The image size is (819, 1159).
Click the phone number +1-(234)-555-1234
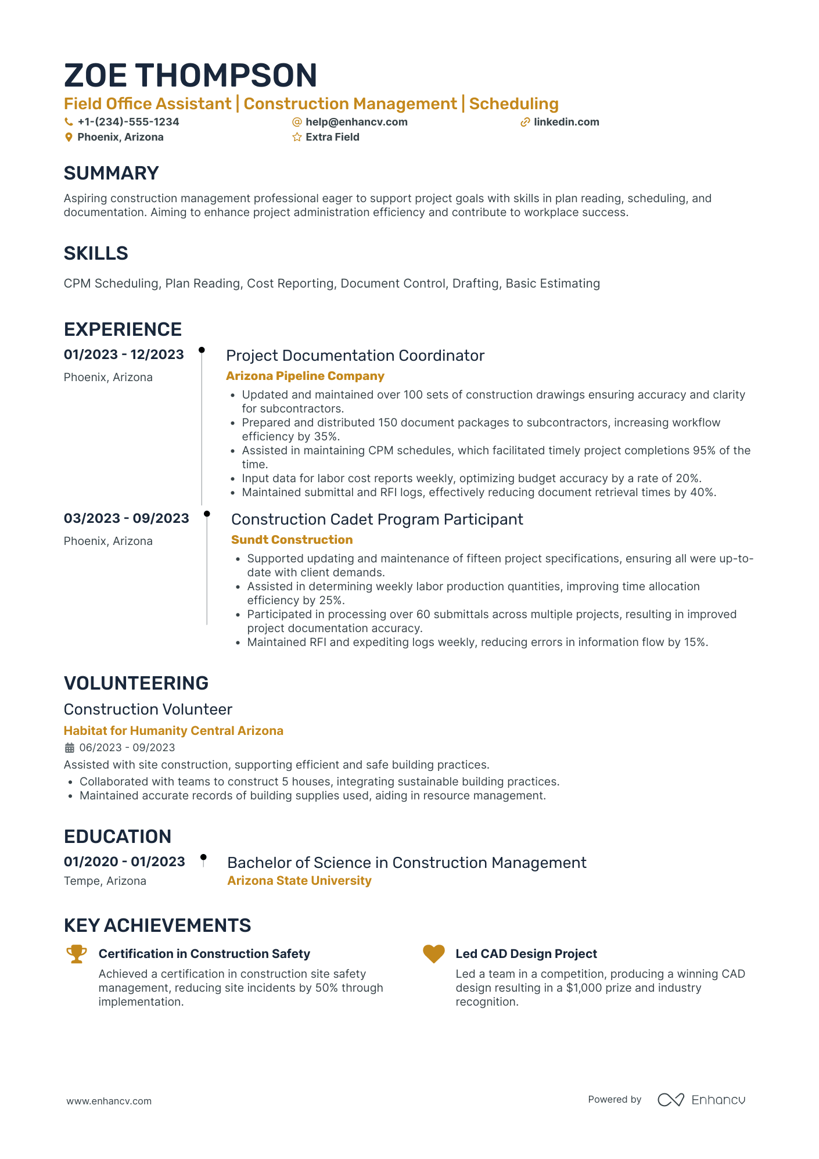pos(128,122)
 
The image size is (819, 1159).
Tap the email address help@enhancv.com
pos(356,122)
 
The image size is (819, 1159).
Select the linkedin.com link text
pos(566,122)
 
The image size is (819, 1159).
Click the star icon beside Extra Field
pos(297,137)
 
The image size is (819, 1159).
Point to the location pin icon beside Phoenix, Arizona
pos(69,137)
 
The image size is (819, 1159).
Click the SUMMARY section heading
pos(111,173)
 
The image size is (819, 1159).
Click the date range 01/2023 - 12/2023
pos(124,354)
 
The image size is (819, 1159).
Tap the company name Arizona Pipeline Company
pos(305,376)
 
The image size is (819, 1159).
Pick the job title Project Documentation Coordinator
pos(355,356)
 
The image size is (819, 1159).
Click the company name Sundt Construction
pos(292,540)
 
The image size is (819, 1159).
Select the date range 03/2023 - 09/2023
pos(126,518)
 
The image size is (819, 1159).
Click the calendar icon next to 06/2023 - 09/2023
pos(69,748)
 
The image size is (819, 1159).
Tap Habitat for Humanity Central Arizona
pos(173,731)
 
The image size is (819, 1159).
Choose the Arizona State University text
pos(299,881)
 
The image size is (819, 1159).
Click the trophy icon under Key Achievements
pos(76,954)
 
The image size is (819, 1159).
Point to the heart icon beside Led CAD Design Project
pos(433,954)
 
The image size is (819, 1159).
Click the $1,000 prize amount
pos(584,988)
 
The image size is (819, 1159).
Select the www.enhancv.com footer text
pos(109,1101)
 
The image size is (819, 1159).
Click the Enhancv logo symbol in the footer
pos(670,1100)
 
